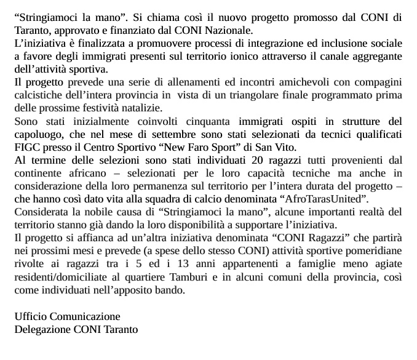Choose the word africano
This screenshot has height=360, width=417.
coord(89,174)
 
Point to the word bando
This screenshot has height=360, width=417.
coord(170,290)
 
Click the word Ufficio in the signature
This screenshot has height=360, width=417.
coord(31,316)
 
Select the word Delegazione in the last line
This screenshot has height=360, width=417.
coord(43,329)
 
